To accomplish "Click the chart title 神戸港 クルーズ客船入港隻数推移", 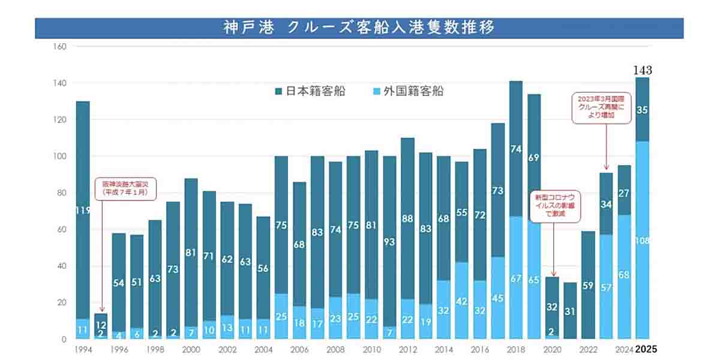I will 359,28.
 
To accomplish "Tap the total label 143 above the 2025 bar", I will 642,70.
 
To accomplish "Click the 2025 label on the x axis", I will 647,349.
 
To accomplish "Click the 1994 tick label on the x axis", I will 84,349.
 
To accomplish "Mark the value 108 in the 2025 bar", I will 642,241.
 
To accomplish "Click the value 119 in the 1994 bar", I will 83,210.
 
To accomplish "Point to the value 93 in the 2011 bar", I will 390,242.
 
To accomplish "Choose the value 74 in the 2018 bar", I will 516,149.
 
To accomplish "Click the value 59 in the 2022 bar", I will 588,286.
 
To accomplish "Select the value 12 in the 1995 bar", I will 101,325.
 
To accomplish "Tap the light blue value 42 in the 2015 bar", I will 462,301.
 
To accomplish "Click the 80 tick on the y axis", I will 61,193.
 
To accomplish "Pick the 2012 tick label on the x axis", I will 407,349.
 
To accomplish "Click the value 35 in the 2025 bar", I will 642,110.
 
